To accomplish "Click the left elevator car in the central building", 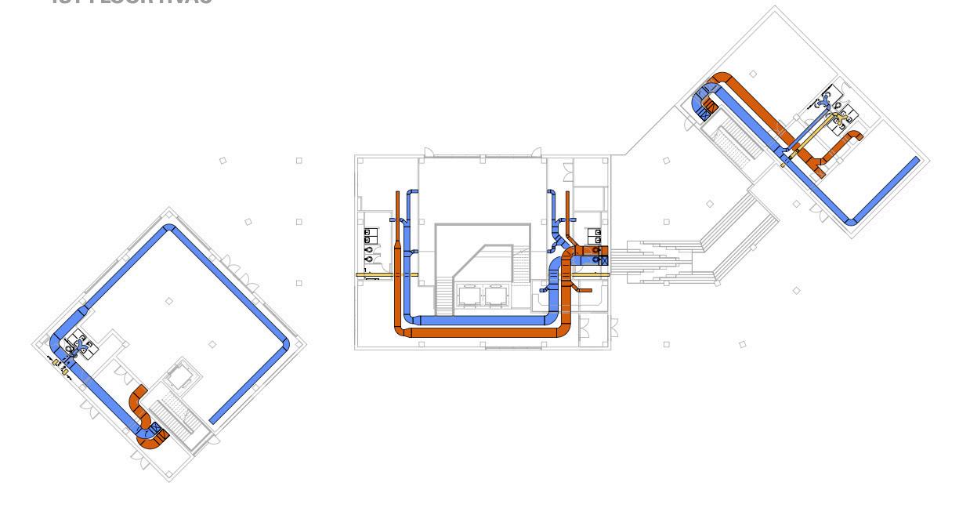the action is [x=472, y=296].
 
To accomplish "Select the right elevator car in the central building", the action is [x=494, y=296].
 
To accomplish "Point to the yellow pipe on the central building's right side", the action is [x=591, y=274].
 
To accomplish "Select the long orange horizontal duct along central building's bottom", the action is [x=486, y=333].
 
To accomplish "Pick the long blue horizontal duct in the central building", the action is [x=482, y=320].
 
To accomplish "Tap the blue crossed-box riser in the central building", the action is [x=603, y=259].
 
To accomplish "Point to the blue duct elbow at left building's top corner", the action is [x=168, y=229].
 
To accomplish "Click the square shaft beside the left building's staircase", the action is [x=179, y=378].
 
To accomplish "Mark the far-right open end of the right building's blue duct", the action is [x=916, y=161].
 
